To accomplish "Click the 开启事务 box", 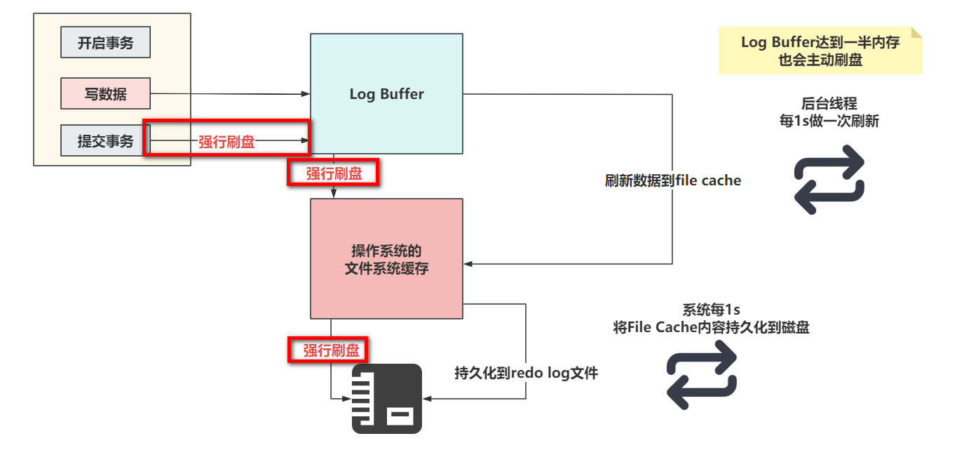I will pyautogui.click(x=105, y=43).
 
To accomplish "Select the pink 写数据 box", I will pyautogui.click(x=105, y=93).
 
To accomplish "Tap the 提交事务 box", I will pyautogui.click(x=105, y=140).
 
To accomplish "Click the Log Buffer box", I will pyautogui.click(x=386, y=93).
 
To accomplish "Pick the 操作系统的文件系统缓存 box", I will pyautogui.click(x=386, y=258).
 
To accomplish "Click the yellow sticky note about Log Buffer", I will pyautogui.click(x=820, y=51).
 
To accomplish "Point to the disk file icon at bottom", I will pyautogui.click(x=386, y=398).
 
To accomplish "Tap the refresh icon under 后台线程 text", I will pyautogui.click(x=829, y=180).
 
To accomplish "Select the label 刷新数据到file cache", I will pyautogui.click(x=672, y=180).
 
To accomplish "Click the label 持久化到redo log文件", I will pyautogui.click(x=526, y=373).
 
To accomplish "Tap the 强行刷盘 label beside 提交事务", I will pyautogui.click(x=226, y=142).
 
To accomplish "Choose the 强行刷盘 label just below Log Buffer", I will pyautogui.click(x=334, y=173).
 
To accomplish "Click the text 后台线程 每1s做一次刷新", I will pyautogui.click(x=829, y=112).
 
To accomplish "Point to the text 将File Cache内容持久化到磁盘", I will pyautogui.click(x=711, y=327).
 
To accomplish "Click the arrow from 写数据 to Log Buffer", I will pyautogui.click(x=231, y=93).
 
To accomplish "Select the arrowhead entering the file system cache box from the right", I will pyautogui.click(x=468, y=263).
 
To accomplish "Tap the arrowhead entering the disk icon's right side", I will pyautogui.click(x=426, y=399).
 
